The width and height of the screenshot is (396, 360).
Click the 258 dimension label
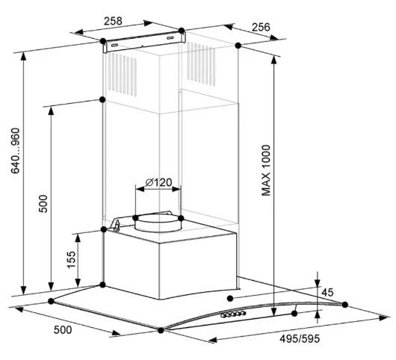(113, 21)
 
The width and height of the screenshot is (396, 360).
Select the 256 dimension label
(261, 27)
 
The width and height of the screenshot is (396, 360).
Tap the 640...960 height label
(16, 151)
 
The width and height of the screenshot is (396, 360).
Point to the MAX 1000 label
(266, 170)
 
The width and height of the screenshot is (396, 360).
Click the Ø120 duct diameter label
(159, 182)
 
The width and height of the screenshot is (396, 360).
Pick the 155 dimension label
(71, 259)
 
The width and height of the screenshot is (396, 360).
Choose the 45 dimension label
(327, 292)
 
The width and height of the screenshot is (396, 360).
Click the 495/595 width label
(300, 338)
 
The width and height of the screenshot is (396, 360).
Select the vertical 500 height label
(43, 204)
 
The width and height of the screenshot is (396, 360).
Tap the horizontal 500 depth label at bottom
(63, 329)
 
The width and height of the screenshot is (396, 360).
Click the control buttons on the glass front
(233, 314)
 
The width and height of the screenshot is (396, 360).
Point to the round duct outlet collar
(158, 223)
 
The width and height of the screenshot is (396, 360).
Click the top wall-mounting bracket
(144, 42)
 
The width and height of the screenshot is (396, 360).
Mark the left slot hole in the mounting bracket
(114, 46)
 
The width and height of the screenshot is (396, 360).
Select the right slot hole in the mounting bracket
(170, 38)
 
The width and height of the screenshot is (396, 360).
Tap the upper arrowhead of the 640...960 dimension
(23, 56)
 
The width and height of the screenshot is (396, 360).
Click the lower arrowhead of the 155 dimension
(78, 283)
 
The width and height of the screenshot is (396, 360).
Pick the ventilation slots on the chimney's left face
(123, 75)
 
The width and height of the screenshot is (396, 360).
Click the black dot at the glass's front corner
(161, 330)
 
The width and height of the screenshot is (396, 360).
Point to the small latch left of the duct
(117, 226)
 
